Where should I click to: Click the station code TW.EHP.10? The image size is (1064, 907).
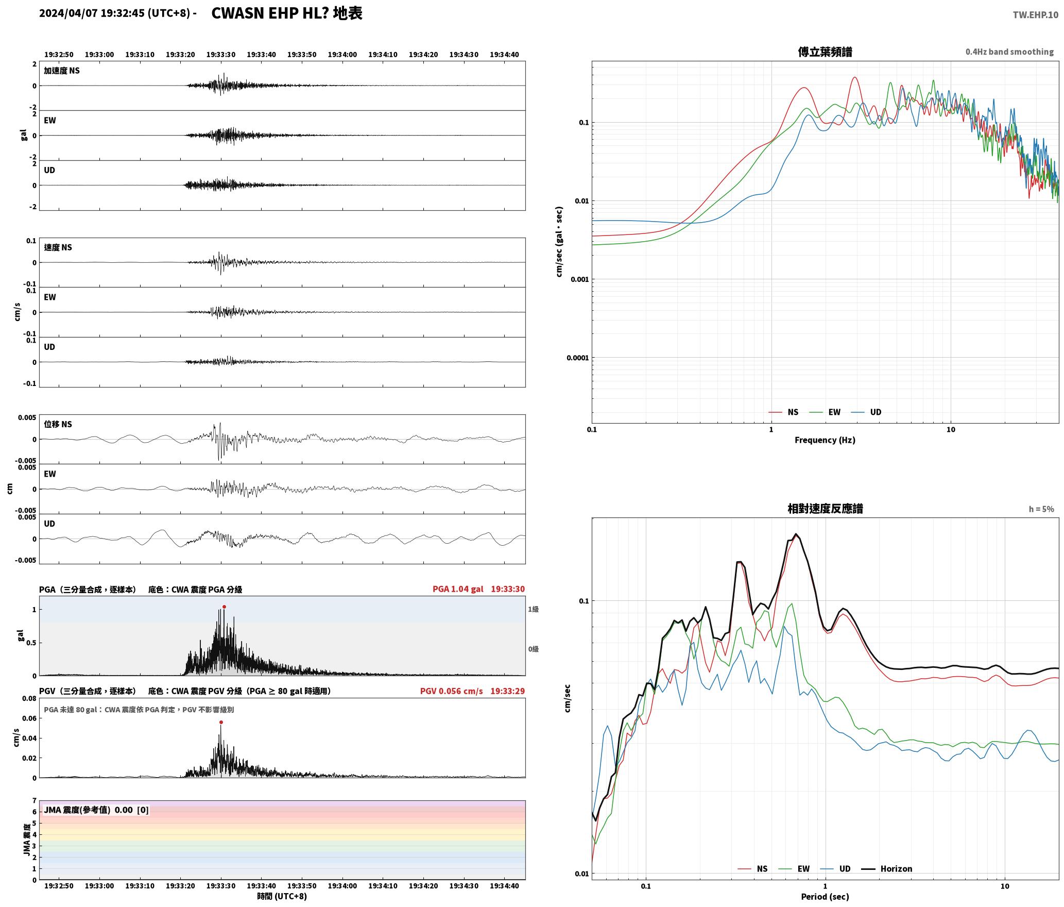[1035, 15]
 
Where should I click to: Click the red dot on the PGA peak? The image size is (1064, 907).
[224, 607]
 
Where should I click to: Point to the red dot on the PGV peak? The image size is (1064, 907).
[221, 722]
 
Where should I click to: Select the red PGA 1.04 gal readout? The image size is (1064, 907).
[458, 589]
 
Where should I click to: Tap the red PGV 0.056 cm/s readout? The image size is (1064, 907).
[451, 691]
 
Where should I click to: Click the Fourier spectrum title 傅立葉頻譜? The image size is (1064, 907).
[825, 52]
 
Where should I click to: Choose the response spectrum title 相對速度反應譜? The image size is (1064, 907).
[825, 509]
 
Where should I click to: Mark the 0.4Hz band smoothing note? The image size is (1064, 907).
[1009, 52]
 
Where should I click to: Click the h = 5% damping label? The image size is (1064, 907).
[1041, 509]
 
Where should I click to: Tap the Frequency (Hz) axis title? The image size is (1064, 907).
[825, 440]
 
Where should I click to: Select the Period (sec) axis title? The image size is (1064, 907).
[825, 896]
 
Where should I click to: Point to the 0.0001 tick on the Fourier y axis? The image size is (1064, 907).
[577, 358]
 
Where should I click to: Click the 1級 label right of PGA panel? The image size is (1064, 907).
[533, 609]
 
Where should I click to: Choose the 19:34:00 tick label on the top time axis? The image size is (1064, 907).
[342, 54]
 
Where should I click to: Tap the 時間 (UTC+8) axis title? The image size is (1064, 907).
[282, 896]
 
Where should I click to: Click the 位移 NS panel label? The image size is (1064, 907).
[58, 424]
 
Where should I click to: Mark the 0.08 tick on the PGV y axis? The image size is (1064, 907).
[29, 699]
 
